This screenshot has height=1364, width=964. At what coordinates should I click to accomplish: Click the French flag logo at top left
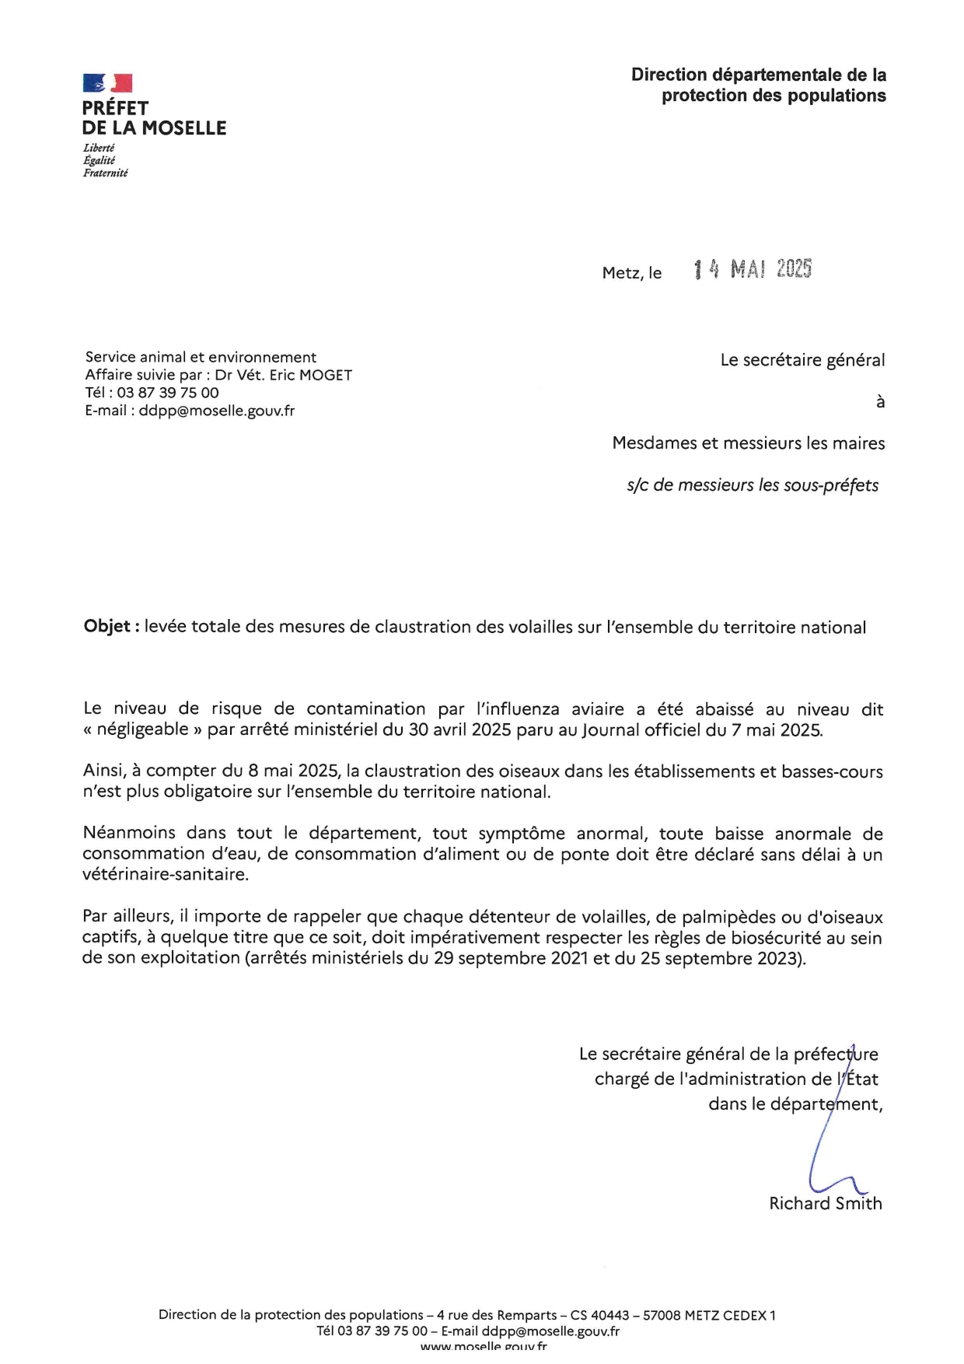tap(107, 83)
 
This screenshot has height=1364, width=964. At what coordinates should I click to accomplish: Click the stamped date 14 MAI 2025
tap(753, 269)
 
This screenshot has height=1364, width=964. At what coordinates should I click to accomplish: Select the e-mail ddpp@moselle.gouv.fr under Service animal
tap(217, 411)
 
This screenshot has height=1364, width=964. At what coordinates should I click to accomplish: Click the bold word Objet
tap(108, 627)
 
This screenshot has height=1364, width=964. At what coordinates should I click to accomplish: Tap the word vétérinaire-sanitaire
tap(165, 874)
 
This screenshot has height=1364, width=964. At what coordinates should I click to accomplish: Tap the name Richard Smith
tap(826, 1204)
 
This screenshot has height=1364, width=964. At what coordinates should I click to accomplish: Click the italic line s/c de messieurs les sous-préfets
tap(753, 485)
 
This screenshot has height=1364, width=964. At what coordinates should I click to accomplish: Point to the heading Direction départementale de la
tap(759, 75)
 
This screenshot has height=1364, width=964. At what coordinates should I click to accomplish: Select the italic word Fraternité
tap(106, 173)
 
